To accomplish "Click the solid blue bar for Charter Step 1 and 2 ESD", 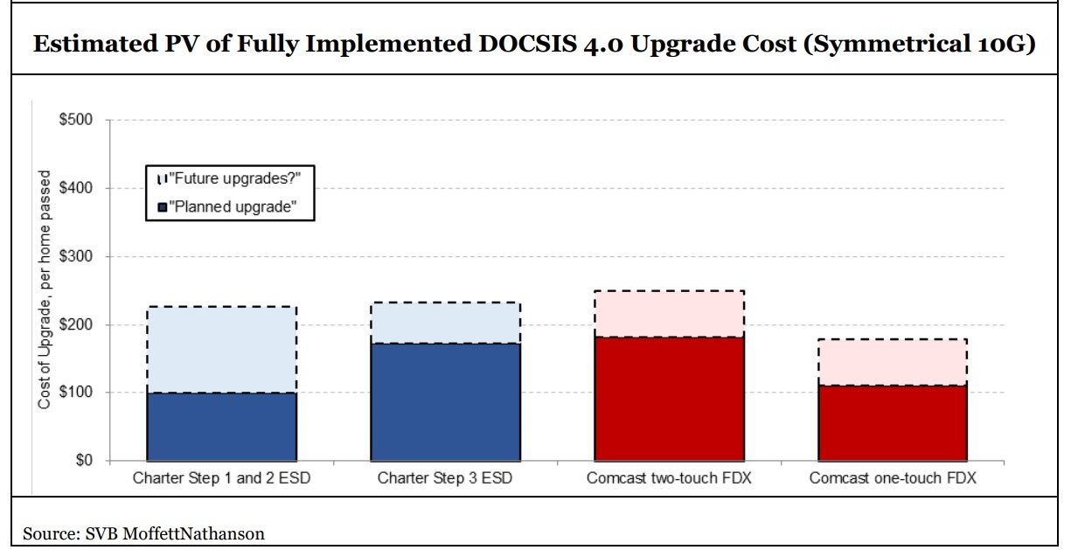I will pos(222,427).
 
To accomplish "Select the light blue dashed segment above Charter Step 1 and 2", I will pos(222,350).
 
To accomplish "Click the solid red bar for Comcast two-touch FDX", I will pos(670,398).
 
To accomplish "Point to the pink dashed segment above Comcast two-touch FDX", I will pos(670,314).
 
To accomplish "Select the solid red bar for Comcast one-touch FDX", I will pos(893,422).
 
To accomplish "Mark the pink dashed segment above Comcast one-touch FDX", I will pos(893,362).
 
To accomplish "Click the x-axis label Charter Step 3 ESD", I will pos(445,478).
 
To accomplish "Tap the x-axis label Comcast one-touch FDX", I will pos(893,478).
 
